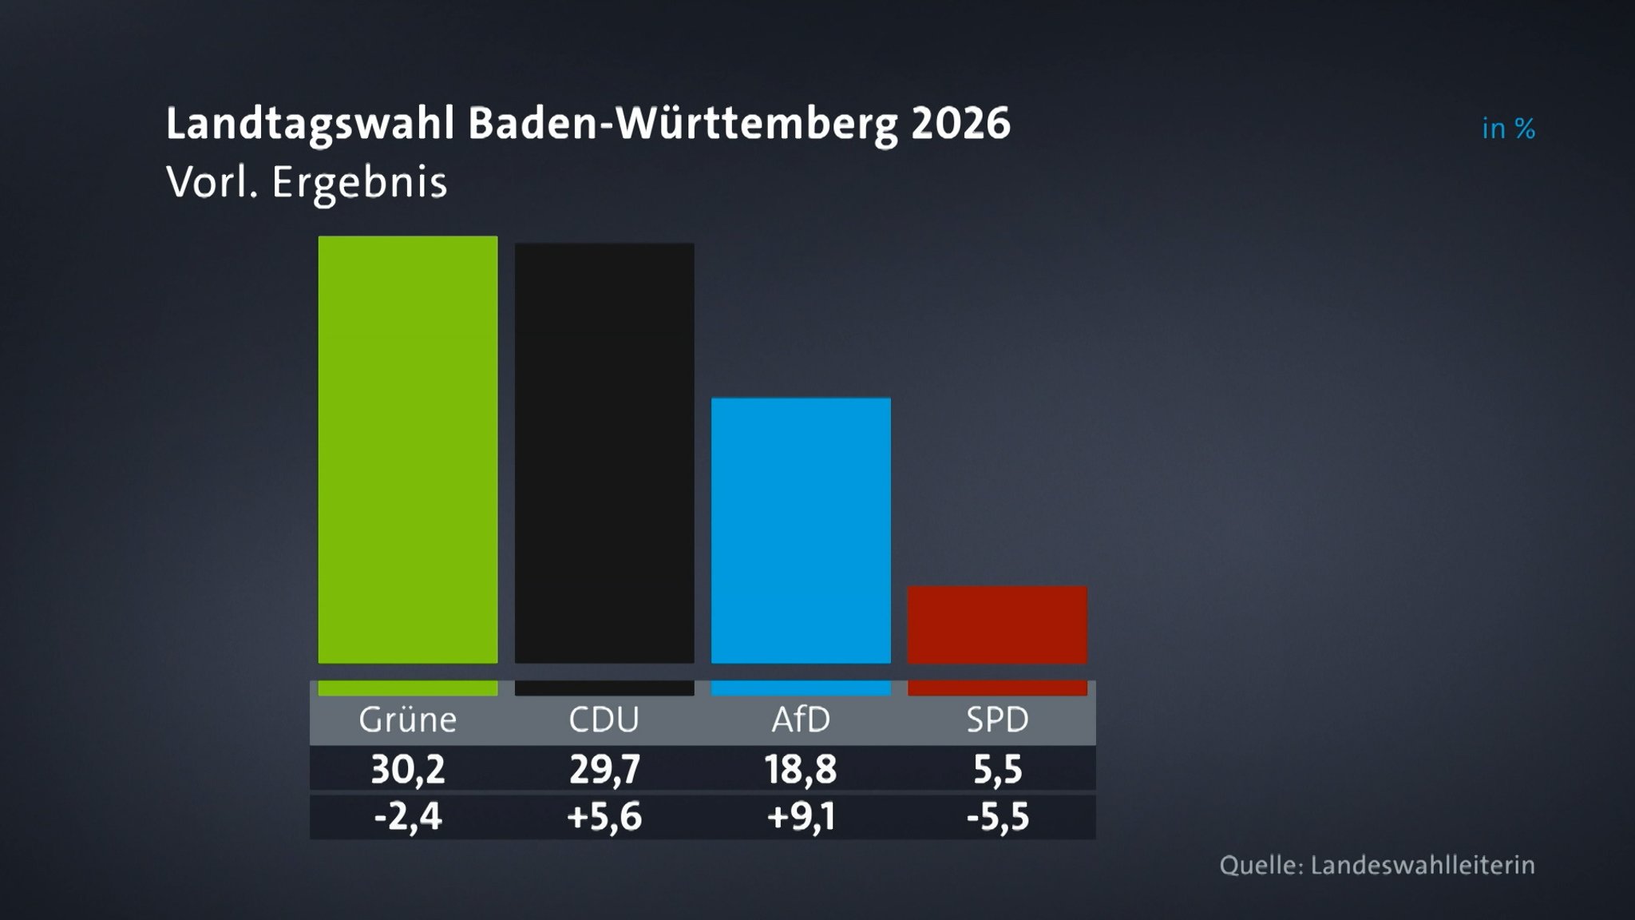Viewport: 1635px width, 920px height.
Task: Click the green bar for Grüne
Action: pos(407,449)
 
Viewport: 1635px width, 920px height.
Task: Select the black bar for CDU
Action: pos(604,453)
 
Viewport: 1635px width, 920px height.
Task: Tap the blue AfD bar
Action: pos(801,530)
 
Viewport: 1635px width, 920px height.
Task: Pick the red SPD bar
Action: pos(997,625)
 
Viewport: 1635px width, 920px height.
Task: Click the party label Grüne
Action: pos(407,720)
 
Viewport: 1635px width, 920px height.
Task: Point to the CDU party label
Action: pos(604,720)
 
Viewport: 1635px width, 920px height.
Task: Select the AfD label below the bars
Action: pos(801,720)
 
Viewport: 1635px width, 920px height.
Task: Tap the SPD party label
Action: pos(997,720)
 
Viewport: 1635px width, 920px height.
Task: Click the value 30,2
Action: pos(407,770)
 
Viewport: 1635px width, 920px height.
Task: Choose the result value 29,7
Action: pos(604,770)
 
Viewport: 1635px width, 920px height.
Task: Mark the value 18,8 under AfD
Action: pos(801,770)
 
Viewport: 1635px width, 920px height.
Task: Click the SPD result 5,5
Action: pos(997,770)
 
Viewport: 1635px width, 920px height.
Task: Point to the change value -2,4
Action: pos(407,817)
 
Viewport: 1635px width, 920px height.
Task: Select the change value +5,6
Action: pos(604,817)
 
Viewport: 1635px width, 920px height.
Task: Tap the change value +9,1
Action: pos(801,817)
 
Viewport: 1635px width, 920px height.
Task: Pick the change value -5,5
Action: pos(997,817)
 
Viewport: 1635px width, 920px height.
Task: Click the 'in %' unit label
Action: pos(1508,129)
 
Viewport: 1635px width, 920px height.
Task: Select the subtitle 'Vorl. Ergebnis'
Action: pos(307,182)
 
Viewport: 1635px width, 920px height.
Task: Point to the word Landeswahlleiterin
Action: pos(1423,866)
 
